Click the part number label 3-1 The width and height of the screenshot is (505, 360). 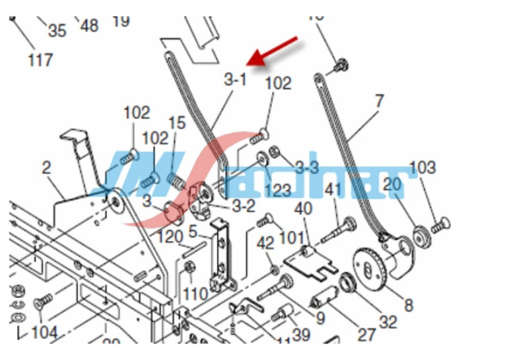(235, 79)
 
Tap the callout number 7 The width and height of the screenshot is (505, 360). (380, 102)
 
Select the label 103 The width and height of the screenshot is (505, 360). (422, 168)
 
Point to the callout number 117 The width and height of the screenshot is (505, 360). (40, 61)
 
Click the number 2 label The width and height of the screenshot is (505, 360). (46, 168)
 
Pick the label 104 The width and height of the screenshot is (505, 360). (45, 331)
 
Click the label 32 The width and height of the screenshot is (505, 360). (388, 322)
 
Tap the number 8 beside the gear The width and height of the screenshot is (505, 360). (408, 305)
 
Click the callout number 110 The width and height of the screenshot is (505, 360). (195, 293)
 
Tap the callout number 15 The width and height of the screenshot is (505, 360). (176, 123)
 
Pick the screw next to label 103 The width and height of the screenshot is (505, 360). (440, 225)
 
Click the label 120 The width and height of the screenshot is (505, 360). (170, 237)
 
